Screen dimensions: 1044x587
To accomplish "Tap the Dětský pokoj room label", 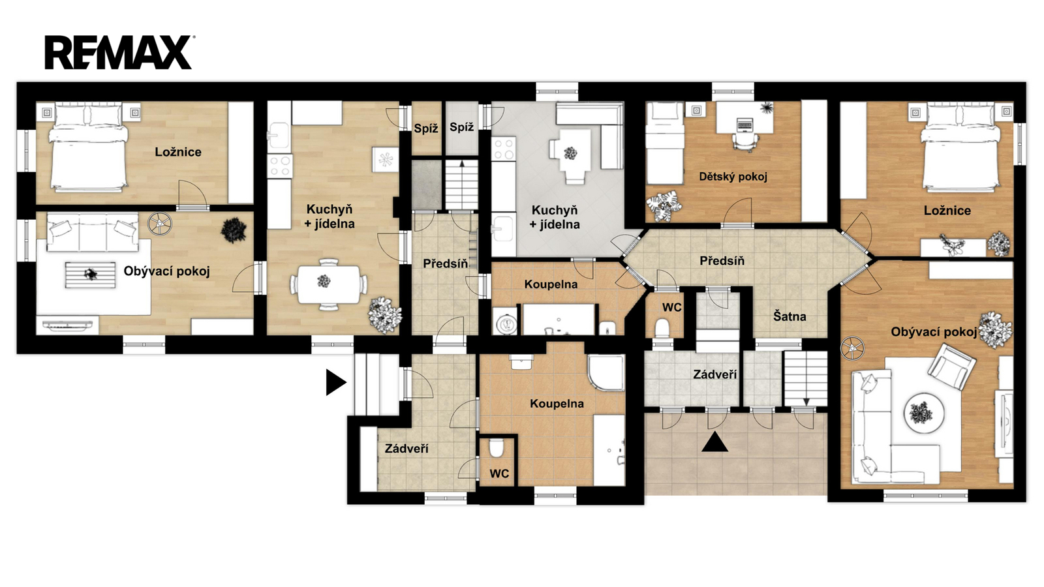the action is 733,177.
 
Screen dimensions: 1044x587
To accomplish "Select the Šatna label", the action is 790,316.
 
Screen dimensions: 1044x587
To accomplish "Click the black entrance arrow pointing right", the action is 336,382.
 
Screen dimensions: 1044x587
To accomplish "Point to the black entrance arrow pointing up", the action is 715,442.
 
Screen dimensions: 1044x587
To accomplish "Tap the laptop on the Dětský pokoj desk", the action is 745,125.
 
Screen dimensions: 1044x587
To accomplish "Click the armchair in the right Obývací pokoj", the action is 952,367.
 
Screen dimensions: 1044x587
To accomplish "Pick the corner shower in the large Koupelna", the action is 606,372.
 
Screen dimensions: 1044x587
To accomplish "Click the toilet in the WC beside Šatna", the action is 662,327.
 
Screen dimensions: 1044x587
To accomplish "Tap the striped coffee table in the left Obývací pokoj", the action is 90,275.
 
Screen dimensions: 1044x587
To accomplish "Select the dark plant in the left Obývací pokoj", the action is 234,230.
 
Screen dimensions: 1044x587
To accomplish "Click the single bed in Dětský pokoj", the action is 664,143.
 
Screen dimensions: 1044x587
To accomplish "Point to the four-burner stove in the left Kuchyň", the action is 280,166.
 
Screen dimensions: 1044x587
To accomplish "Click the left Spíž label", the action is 426,129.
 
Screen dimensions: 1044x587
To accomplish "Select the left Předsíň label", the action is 446,263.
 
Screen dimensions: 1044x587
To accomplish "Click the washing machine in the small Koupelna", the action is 505,321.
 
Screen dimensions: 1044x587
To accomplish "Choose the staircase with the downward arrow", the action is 805,379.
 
